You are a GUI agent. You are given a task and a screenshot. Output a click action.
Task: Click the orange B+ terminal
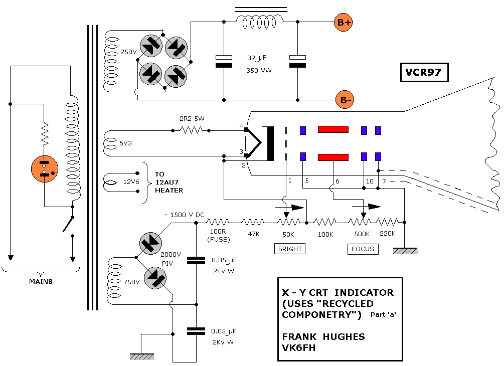pos(344,22)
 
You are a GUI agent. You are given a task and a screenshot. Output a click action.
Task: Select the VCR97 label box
pos(423,73)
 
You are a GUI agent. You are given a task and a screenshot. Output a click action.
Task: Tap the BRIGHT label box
pos(290,249)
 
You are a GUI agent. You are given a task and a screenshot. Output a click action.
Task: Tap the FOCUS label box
pos(363,249)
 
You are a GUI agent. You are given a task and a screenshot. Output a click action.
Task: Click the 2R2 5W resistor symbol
pos(191,130)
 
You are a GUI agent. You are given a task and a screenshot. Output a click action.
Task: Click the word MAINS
pos(40,281)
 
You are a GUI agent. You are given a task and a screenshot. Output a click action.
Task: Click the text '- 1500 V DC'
pos(184,215)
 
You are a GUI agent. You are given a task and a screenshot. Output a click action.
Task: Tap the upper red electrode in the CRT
pos(333,129)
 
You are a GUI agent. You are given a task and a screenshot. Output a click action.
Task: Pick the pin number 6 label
pos(337,181)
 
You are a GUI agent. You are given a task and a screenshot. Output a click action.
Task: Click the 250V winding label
pos(128,52)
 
